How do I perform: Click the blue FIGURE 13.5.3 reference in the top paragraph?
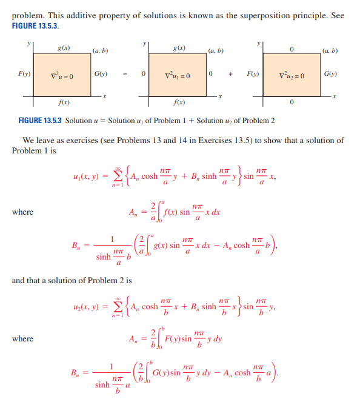[36, 27]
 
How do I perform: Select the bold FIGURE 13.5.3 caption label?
[41, 121]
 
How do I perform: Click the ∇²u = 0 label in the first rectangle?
[62, 76]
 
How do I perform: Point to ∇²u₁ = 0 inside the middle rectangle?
[178, 76]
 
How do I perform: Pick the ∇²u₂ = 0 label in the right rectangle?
[292, 76]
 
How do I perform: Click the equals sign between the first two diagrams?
[125, 76]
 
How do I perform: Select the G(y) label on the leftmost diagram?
[101, 75]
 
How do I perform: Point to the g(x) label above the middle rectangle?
[179, 47]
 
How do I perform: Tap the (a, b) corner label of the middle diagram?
[216, 51]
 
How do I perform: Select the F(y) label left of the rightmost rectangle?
[253, 75]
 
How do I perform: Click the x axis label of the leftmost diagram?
[105, 97]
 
